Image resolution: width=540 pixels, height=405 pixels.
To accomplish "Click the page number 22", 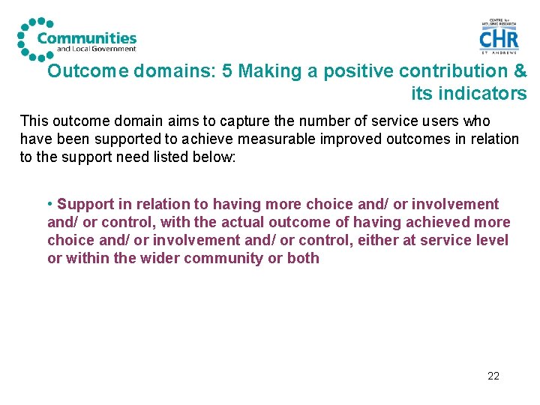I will coord(493,376).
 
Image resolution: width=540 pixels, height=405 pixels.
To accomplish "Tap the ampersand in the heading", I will coord(519,71).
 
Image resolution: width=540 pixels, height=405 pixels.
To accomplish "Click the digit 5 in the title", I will coord(227,71).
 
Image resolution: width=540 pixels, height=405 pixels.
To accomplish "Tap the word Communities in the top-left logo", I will coord(87,38).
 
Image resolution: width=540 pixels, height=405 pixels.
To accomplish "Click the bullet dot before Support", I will coord(49,204).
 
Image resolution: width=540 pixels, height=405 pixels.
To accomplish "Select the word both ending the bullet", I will coord(303,258).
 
